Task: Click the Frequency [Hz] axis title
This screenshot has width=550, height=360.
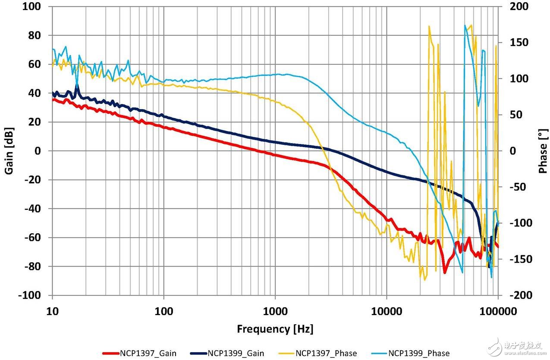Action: point(275,329)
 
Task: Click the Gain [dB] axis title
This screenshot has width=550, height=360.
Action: point(9,151)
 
